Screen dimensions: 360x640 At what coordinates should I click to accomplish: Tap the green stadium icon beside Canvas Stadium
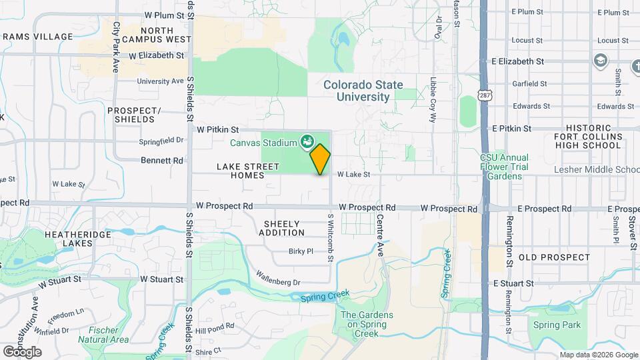(307, 141)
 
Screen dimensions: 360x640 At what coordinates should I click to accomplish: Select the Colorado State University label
(363, 91)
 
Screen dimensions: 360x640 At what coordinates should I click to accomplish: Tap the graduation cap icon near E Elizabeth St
(601, 61)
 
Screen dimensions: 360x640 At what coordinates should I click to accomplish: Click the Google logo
(22, 351)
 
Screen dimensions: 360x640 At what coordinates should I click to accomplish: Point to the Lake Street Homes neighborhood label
(239, 170)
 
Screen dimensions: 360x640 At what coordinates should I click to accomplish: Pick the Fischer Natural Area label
(103, 335)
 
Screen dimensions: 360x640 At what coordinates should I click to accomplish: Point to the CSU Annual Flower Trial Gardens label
(503, 167)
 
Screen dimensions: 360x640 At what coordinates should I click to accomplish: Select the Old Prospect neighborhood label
(554, 257)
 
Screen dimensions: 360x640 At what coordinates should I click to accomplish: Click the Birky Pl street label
(301, 251)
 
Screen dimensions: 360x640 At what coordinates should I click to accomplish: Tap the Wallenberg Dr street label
(278, 277)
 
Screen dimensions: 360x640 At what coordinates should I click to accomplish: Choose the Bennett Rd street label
(162, 160)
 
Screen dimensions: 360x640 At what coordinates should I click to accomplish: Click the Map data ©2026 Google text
(598, 355)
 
